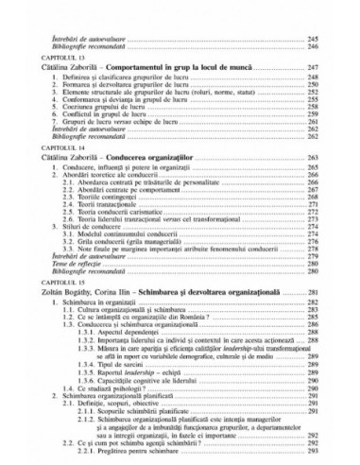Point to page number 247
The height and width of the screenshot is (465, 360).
click(330, 69)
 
